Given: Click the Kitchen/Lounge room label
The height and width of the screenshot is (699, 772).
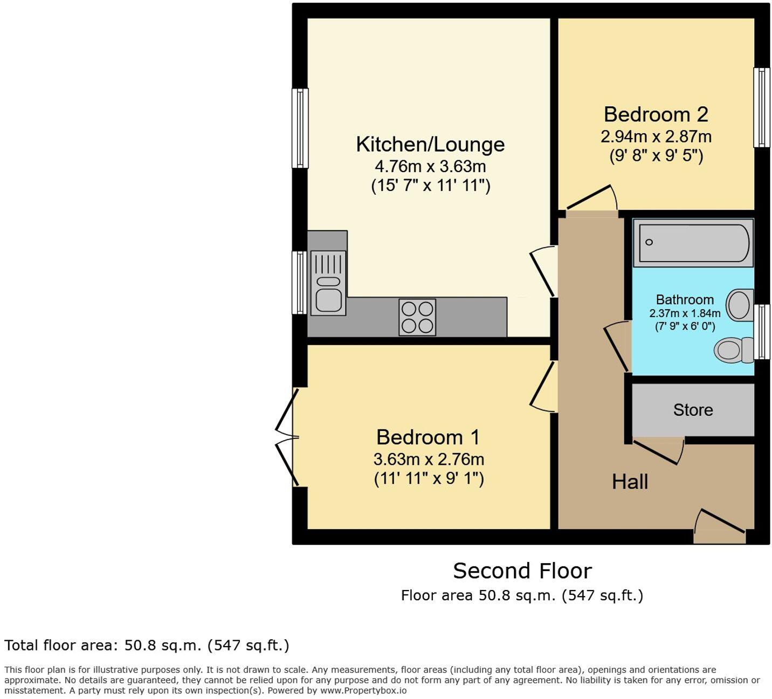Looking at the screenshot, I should [x=430, y=145].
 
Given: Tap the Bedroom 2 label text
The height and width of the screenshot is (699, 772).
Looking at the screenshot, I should [x=656, y=114].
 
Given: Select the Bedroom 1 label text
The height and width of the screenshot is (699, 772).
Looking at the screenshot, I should [x=428, y=437].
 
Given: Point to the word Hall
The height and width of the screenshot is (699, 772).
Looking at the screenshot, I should [x=630, y=482].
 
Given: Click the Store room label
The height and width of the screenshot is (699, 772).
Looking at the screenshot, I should [x=693, y=410].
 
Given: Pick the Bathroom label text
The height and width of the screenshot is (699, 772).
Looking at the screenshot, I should [x=685, y=300].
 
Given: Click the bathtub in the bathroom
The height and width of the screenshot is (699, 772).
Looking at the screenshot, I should [x=693, y=243].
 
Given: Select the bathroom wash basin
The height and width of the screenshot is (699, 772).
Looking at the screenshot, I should [x=740, y=305].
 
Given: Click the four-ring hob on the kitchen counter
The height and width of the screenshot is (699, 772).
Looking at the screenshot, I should [x=417, y=317].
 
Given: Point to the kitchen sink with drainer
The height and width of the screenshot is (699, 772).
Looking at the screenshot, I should [x=328, y=283].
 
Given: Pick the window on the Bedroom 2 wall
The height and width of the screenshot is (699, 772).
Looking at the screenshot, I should [x=761, y=107].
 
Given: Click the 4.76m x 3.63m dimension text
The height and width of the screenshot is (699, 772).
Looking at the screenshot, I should [x=430, y=166].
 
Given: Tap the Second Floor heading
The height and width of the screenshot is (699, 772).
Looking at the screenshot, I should [x=522, y=571].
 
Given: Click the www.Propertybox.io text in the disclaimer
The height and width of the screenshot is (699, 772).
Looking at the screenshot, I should [x=363, y=690].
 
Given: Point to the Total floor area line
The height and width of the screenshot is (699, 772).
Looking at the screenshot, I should [x=147, y=645].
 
